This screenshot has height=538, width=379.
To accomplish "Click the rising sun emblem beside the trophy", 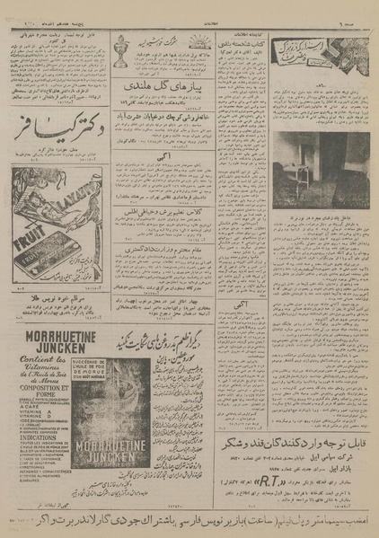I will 198,40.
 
